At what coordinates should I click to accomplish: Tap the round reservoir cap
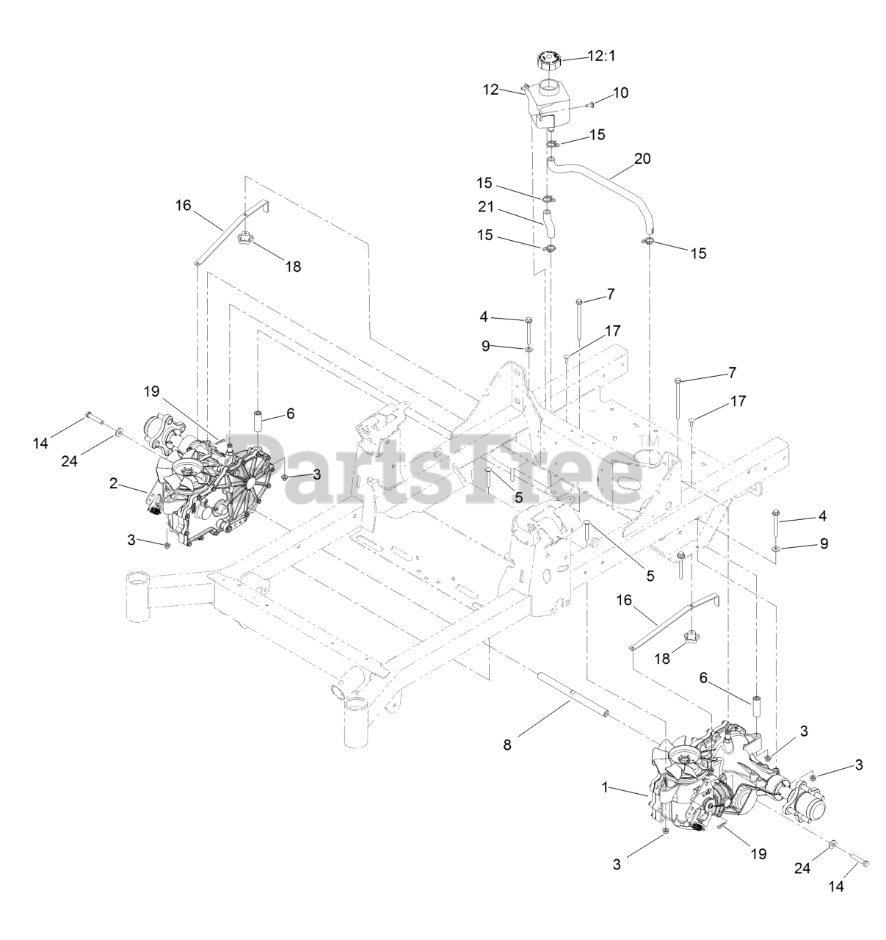click(x=548, y=59)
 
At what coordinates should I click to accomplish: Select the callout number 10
click(x=620, y=93)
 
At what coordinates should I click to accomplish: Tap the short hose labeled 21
click(x=547, y=222)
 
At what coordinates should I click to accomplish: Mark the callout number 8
click(x=507, y=744)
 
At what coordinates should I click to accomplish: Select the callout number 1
click(x=606, y=787)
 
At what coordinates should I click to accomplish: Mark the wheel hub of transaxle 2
click(x=163, y=428)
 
